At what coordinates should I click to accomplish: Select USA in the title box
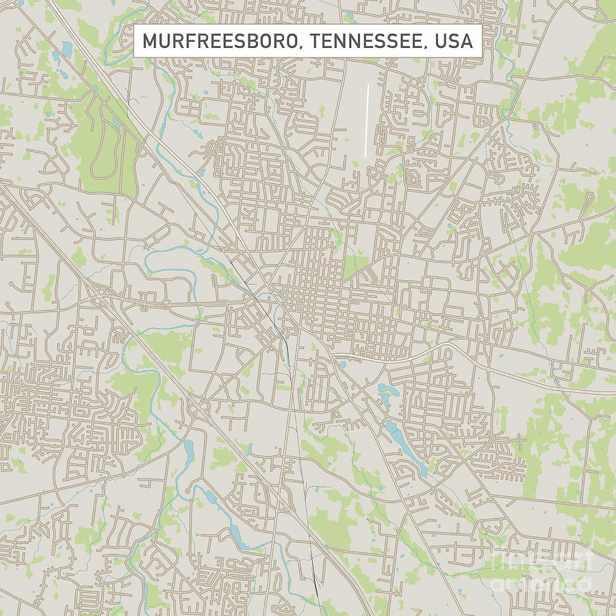pos(452,41)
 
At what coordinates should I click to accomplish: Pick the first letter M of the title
pos(149,41)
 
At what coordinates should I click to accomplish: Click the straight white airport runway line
pos(367,120)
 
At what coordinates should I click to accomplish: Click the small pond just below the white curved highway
pos(342,364)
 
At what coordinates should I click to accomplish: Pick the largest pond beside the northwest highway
pos(66,49)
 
